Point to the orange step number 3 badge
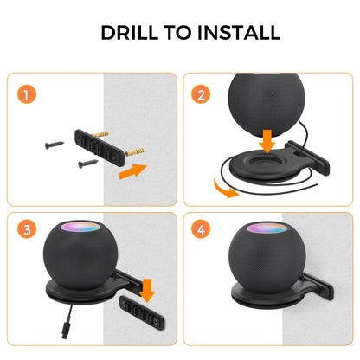(29, 230)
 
